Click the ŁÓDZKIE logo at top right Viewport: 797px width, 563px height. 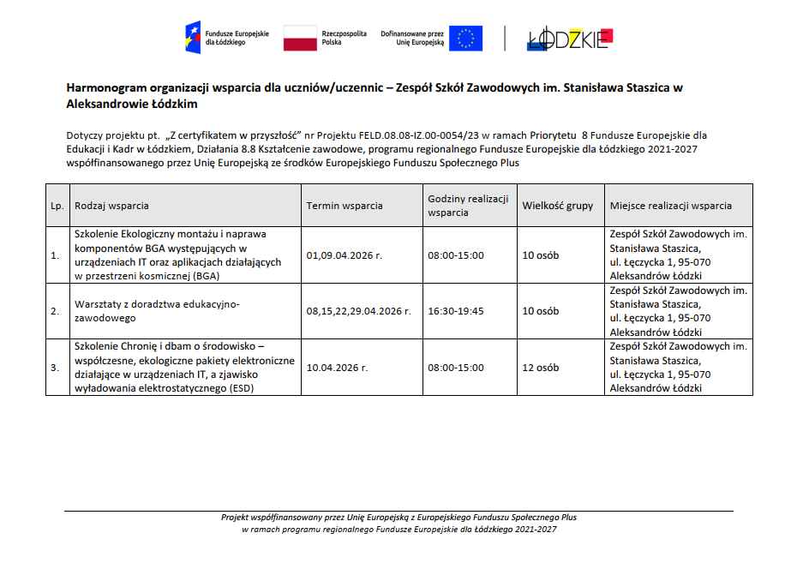(x=570, y=39)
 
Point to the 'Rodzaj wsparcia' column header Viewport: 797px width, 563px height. (x=112, y=206)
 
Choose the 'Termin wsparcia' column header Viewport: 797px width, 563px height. (x=345, y=206)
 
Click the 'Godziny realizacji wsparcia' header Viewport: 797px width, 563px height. (x=468, y=206)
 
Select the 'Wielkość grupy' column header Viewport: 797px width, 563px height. (x=557, y=206)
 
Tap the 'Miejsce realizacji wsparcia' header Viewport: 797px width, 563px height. (x=671, y=206)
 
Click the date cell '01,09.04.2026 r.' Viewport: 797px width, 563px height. (x=344, y=255)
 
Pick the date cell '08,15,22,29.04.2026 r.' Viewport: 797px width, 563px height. (x=358, y=311)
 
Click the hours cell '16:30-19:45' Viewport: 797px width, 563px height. (x=456, y=311)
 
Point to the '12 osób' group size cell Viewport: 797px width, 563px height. (x=541, y=368)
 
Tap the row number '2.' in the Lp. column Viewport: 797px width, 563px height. (x=56, y=311)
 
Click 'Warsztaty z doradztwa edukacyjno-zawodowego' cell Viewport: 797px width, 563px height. (x=157, y=311)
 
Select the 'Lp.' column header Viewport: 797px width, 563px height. (x=57, y=206)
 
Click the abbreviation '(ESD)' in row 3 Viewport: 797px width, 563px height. (x=241, y=388)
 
